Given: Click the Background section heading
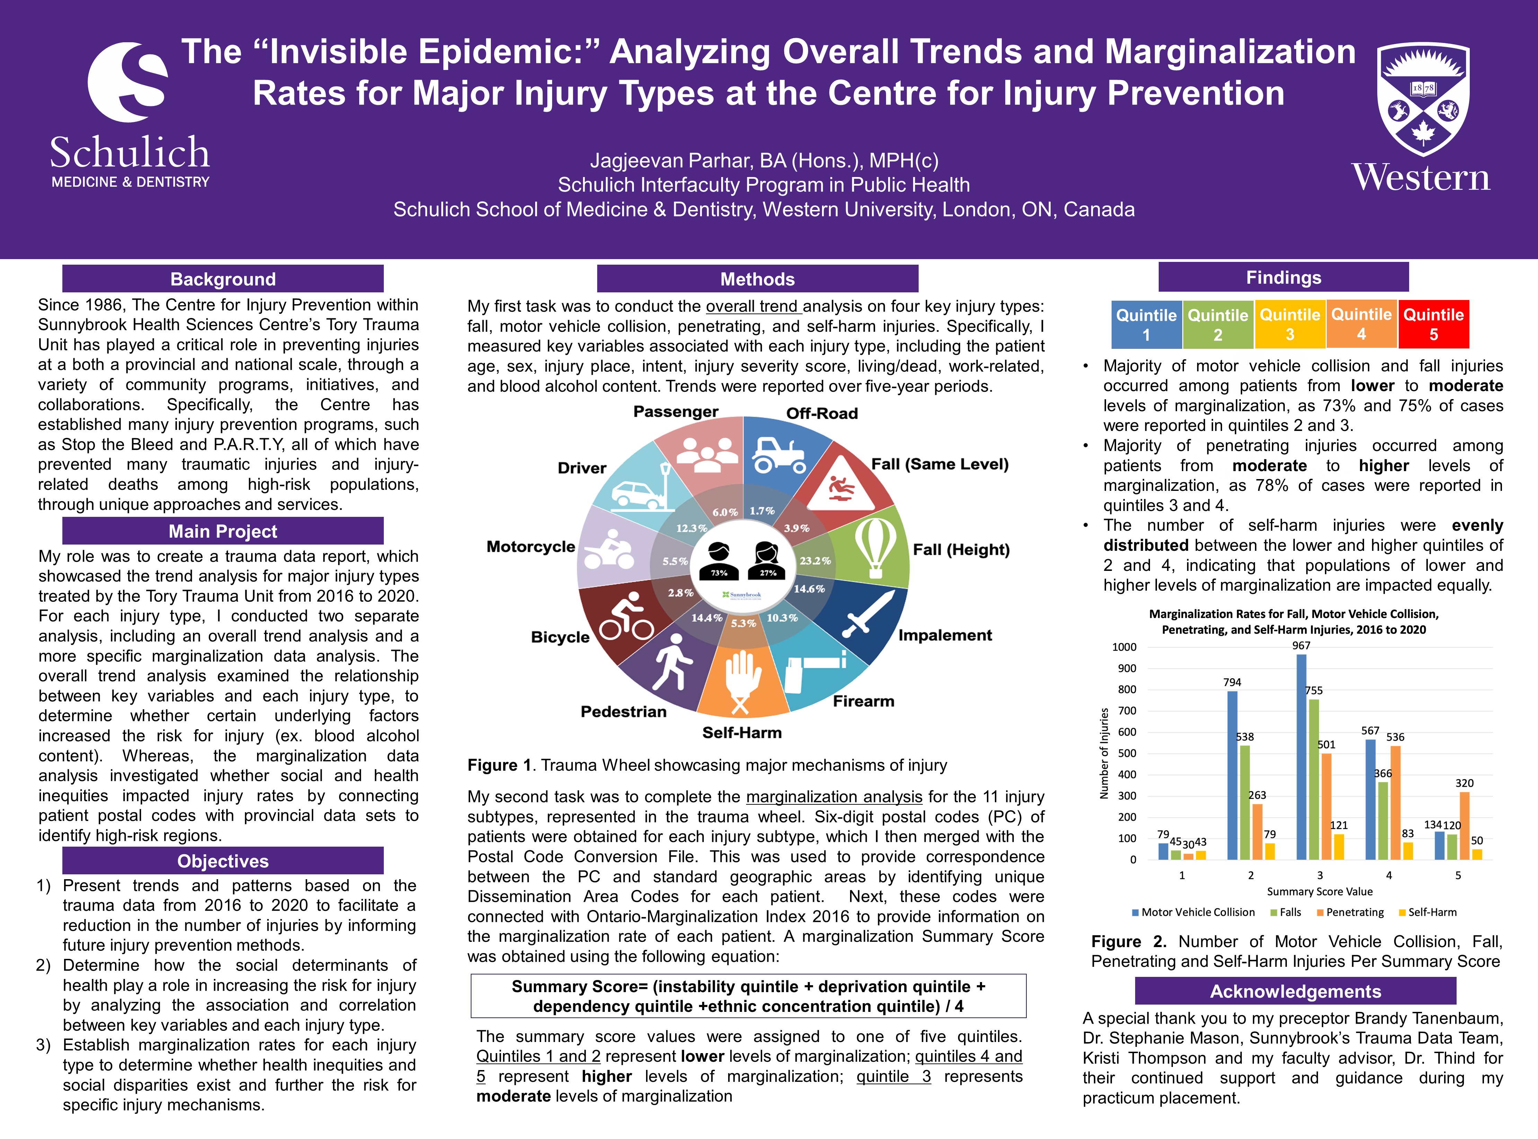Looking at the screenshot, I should click(x=223, y=279).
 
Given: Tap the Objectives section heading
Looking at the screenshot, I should click(x=223, y=861).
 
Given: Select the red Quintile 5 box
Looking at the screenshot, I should click(x=1433, y=324).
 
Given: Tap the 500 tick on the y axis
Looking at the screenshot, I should click(x=1126, y=753).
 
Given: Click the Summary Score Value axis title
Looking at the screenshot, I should click(x=1319, y=891).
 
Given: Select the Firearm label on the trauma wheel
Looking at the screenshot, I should click(x=863, y=701).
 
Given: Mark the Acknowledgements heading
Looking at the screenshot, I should click(x=1295, y=991).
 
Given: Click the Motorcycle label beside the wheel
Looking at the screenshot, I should click(x=531, y=547).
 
